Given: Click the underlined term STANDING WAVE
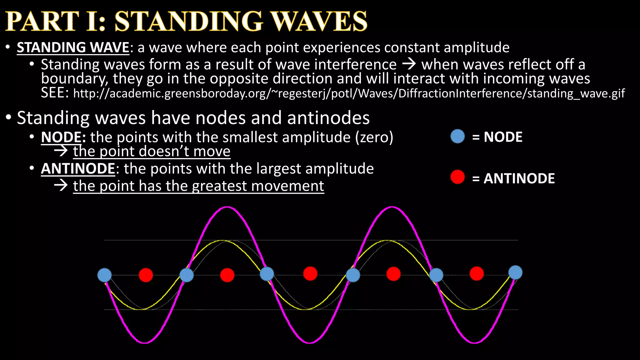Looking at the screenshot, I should click(x=73, y=47).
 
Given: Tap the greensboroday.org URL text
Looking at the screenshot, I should click(x=349, y=93).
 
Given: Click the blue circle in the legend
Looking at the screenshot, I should click(x=457, y=137).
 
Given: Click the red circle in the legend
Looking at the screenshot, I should click(x=457, y=177).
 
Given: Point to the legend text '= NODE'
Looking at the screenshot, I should click(x=497, y=137).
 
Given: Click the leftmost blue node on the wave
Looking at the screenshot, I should click(x=104, y=275).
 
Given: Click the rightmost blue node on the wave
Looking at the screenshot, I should click(x=515, y=272).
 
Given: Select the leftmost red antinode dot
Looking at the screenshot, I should click(x=146, y=275).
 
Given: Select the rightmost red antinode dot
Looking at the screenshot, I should click(x=477, y=273).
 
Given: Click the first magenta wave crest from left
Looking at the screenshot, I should click(x=227, y=207).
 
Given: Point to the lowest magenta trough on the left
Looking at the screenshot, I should click(x=145, y=342).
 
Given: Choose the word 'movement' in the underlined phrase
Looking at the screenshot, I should click(x=287, y=186).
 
